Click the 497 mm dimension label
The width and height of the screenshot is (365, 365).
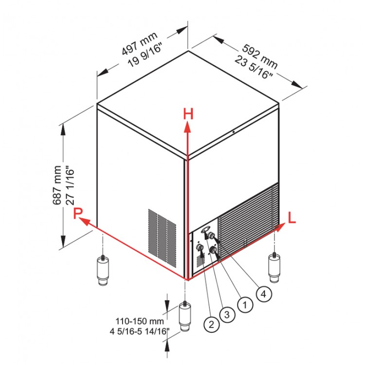pyautogui.click(x=140, y=43)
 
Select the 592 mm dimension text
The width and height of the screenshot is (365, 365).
pyautogui.click(x=260, y=56)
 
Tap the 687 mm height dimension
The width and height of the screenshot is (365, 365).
pyautogui.click(x=57, y=185)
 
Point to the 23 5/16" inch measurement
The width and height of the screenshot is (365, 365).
pyautogui.click(x=254, y=67)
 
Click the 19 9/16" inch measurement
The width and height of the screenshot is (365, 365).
pyautogui.click(x=145, y=55)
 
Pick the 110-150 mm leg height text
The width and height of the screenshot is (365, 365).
pyautogui.click(x=140, y=321)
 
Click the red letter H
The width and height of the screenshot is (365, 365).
pyautogui.click(x=188, y=114)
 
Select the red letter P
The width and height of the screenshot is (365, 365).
pyautogui.click(x=78, y=213)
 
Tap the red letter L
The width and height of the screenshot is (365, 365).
pyautogui.click(x=292, y=218)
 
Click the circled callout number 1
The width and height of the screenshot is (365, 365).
pyautogui.click(x=245, y=305)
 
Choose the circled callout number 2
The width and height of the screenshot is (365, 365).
pyautogui.click(x=211, y=324)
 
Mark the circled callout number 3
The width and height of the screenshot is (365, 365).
pyautogui.click(x=227, y=315)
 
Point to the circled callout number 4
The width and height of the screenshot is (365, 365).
pyautogui.click(x=264, y=294)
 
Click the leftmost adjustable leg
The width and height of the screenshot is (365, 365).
pyautogui.click(x=103, y=270)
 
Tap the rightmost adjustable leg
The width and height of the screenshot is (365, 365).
pyautogui.click(x=274, y=268)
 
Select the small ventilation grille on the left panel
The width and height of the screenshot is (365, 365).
pyautogui.click(x=162, y=237)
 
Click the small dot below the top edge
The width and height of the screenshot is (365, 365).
pyautogui.click(x=234, y=132)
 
